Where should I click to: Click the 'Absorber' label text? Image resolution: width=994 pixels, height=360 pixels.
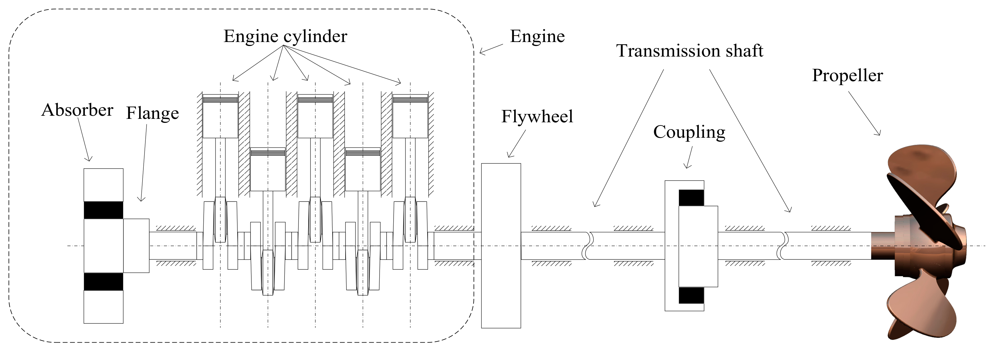[x=77, y=110]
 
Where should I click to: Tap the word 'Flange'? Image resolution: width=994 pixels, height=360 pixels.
[x=153, y=113]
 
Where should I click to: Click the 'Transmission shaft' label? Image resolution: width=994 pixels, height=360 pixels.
[x=689, y=51]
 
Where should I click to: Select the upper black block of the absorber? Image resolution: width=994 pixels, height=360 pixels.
[x=103, y=210]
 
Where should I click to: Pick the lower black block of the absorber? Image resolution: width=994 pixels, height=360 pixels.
[x=103, y=282]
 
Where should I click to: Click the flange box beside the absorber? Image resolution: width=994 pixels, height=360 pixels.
[x=136, y=245]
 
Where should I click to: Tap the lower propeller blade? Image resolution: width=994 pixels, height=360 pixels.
[x=922, y=309]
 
